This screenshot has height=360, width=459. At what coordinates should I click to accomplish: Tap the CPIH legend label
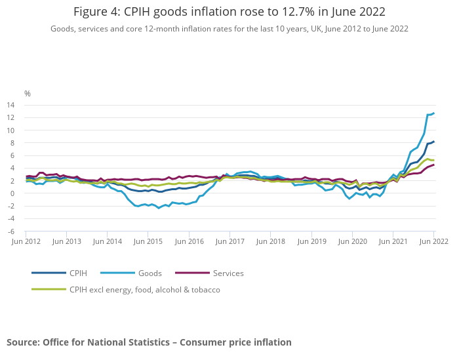pos(79,273)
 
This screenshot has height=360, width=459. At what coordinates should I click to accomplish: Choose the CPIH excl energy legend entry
pos(144,289)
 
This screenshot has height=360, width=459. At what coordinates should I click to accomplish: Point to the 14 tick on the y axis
pos(11,105)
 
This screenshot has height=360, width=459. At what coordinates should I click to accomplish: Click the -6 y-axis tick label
pos(11,231)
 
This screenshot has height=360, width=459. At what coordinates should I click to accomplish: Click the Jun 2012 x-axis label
pos(26,242)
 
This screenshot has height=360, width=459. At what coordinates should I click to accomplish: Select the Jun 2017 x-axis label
pos(230,242)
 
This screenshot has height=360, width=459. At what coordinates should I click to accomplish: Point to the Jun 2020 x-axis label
pos(352,242)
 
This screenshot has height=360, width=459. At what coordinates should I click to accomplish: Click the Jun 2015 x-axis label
pos(149,242)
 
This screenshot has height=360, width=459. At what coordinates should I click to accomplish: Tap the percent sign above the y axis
pos(28,93)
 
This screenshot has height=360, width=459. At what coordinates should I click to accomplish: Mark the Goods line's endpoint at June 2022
pos(433,113)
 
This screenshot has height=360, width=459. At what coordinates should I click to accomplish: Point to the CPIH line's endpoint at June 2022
pos(433,142)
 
